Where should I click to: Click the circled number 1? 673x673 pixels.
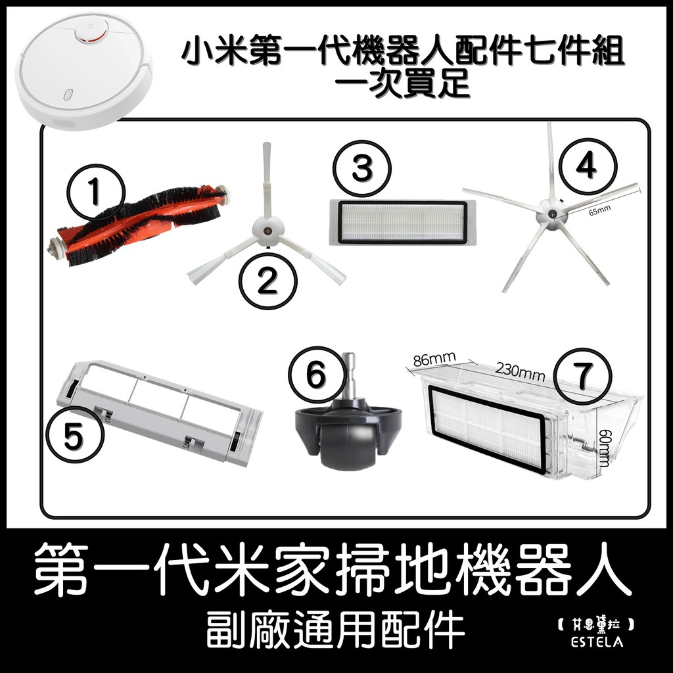click(x=95, y=192)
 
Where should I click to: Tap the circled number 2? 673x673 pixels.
click(x=268, y=282)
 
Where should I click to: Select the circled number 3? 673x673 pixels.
click(x=363, y=168)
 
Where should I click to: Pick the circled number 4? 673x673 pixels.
click(x=588, y=166)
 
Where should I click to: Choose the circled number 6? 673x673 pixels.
click(x=317, y=375)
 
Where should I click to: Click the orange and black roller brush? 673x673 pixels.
click(x=139, y=223)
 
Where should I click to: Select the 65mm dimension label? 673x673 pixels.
click(x=599, y=210)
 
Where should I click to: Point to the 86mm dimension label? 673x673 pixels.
click(x=434, y=360)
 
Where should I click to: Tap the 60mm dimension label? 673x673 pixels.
click(x=605, y=448)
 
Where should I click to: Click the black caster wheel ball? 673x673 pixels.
click(x=348, y=447)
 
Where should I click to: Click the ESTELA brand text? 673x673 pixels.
click(x=597, y=641)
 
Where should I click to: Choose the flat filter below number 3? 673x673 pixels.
click(x=402, y=222)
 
